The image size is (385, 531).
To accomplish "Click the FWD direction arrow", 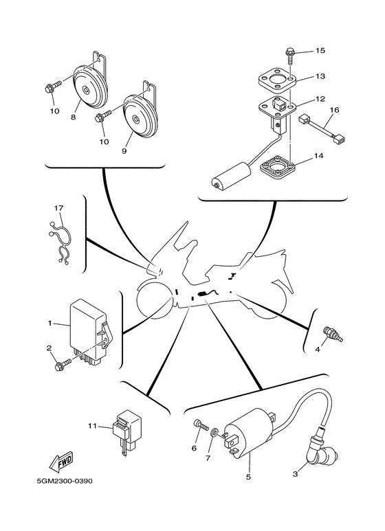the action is pos(61,461).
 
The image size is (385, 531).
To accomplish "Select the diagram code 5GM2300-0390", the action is pos(65,481).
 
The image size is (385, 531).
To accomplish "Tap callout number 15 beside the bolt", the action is pos(320,51).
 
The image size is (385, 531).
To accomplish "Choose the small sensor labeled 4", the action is pos(333,334).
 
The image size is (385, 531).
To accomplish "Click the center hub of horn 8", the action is pos(87,91).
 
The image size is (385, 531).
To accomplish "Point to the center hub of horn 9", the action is pos(135,120).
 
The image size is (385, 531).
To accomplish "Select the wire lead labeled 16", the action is pos(321,129).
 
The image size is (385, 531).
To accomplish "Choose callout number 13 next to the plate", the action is pos(320,76).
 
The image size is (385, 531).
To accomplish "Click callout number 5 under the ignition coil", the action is pos(248,477).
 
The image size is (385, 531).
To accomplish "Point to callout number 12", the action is pos(320,99).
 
